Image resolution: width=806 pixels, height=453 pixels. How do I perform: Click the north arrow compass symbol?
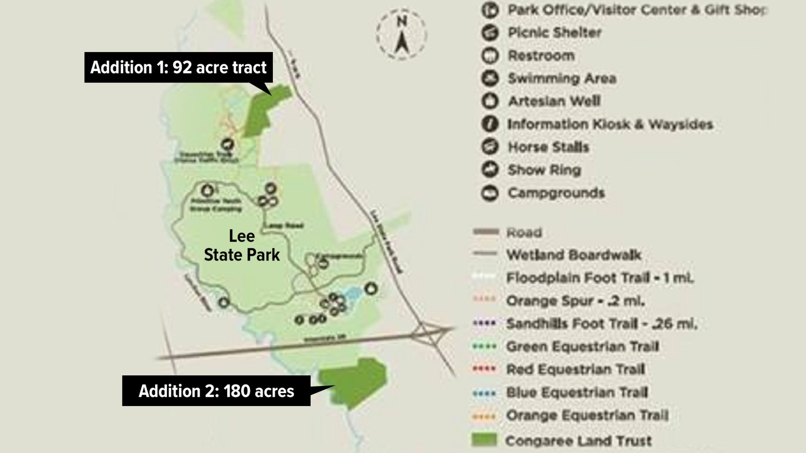402,35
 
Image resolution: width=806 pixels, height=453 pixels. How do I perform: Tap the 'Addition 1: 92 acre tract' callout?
178,68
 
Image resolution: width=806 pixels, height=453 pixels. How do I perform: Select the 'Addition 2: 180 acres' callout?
216,391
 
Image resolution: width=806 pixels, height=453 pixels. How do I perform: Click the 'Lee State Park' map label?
242,245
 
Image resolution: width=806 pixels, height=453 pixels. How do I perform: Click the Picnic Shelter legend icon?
490,33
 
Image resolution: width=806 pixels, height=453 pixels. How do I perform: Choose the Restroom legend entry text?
541,55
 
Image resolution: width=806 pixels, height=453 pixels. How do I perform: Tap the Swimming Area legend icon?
490,78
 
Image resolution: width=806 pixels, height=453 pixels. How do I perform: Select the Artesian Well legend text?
554,101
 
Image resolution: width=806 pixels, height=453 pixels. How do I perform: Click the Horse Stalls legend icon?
490,147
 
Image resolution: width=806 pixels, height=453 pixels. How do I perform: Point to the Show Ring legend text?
544,170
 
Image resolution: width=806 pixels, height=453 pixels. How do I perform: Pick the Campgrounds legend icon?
490,193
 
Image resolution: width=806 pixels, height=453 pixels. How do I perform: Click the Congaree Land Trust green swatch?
484,440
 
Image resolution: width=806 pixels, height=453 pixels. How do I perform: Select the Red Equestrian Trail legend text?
575,370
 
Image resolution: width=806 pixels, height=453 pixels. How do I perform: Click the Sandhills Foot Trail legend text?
601,324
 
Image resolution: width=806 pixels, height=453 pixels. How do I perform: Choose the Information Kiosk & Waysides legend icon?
490,124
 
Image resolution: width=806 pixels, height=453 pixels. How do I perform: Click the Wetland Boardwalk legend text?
573,255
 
